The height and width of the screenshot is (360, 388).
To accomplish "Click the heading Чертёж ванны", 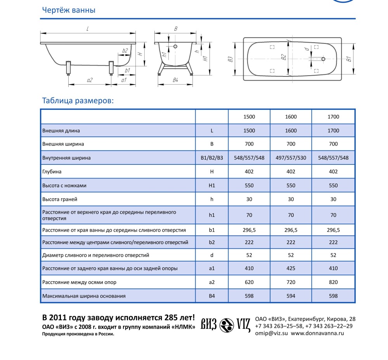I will (68, 10).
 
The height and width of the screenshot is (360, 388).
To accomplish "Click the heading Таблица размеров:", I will (78, 101).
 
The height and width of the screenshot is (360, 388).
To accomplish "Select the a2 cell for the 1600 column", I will (291, 282).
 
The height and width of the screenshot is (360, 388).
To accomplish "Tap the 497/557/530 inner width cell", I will (291, 158).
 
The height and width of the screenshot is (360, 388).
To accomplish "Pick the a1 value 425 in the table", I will (291, 268).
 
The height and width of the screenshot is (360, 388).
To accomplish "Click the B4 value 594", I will (291, 296).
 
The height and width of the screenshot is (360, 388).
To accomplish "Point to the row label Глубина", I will (52, 171).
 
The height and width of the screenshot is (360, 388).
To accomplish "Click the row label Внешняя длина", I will (61, 131).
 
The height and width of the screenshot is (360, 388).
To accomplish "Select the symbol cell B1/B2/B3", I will (212, 158).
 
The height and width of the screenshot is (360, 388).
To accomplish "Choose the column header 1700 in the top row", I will (333, 117).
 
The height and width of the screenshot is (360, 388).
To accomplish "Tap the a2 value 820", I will (333, 282).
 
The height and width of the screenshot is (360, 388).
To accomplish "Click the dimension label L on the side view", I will (88, 28).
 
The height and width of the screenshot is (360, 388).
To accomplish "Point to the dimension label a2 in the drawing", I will (90, 80).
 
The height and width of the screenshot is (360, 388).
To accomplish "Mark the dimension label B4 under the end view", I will (175, 80).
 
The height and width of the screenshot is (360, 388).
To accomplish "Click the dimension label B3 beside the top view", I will (230, 59).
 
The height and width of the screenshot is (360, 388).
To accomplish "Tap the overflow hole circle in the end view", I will (175, 47).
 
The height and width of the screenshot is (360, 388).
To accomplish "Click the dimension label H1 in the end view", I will (206, 59).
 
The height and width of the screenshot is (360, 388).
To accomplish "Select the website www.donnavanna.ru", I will (317, 333).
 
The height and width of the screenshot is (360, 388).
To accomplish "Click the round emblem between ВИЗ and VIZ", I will (227, 325).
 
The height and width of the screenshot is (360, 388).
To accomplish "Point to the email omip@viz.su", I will (271, 333).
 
